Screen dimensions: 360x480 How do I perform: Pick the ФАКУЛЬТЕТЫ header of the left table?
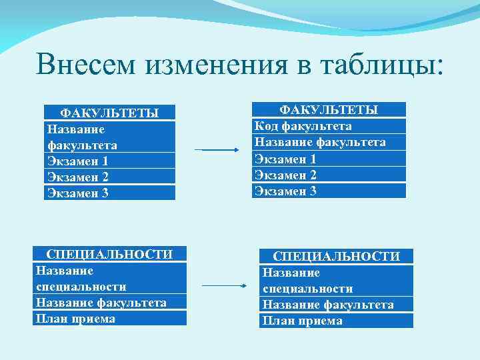tap(109, 113)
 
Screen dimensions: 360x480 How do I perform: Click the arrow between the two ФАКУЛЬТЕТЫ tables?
tap(216, 150)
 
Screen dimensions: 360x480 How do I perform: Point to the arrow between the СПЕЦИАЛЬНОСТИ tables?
tap(224, 286)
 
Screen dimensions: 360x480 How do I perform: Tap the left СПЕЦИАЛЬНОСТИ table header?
tap(109, 254)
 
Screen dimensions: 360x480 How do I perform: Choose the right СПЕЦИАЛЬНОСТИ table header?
tap(337, 256)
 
